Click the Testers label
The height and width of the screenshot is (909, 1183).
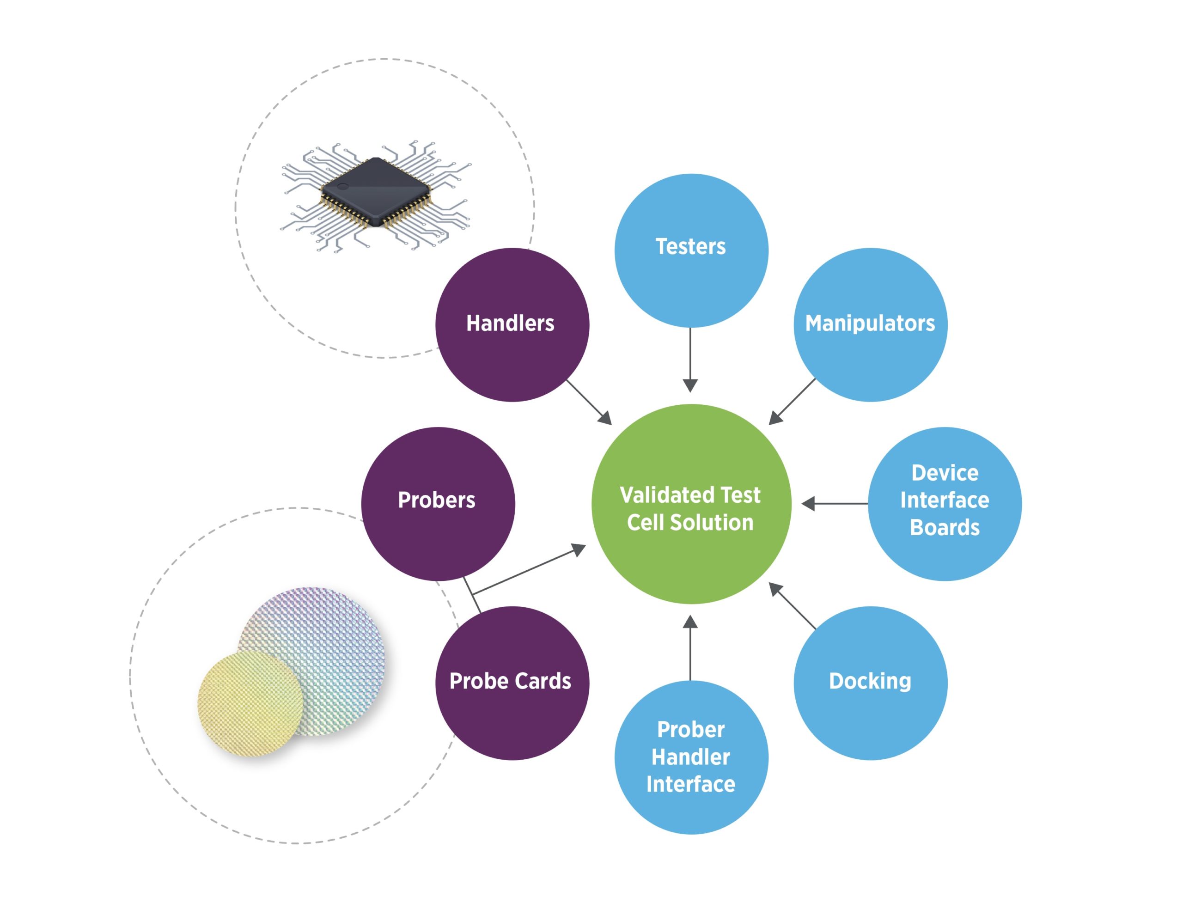tap(690, 247)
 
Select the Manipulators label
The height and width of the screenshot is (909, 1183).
tap(870, 323)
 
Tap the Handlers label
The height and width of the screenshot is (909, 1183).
tap(510, 323)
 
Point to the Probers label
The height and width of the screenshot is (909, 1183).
tap(437, 500)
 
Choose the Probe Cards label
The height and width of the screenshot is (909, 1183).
tap(510, 681)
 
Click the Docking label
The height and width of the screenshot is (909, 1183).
tap(870, 681)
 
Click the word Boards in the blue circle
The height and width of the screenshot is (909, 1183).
tap(945, 528)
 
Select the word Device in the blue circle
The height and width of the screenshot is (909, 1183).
tap(945, 473)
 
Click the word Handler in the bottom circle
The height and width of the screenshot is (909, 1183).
tap(690, 757)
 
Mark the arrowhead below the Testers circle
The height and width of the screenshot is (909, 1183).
tap(690, 385)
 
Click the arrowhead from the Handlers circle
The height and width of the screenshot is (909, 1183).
tap(606, 419)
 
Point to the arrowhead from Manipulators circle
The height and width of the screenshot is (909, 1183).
tap(775, 418)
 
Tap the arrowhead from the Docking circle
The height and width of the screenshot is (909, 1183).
tap(775, 589)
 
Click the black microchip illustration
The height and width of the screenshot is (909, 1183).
tap(376, 192)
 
